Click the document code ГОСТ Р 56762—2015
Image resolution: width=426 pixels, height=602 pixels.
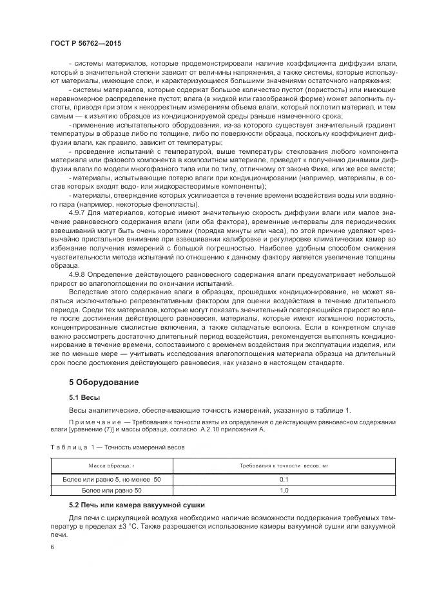(x=86, y=42)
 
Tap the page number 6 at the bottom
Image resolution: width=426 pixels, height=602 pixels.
(x=52, y=547)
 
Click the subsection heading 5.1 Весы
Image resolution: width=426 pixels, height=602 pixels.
(x=84, y=397)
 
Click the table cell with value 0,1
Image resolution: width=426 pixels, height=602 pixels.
(x=283, y=480)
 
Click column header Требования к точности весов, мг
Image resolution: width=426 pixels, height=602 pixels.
(x=283, y=464)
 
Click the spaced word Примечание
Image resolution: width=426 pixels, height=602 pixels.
(x=92, y=422)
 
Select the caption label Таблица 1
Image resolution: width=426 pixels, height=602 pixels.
(x=73, y=446)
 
